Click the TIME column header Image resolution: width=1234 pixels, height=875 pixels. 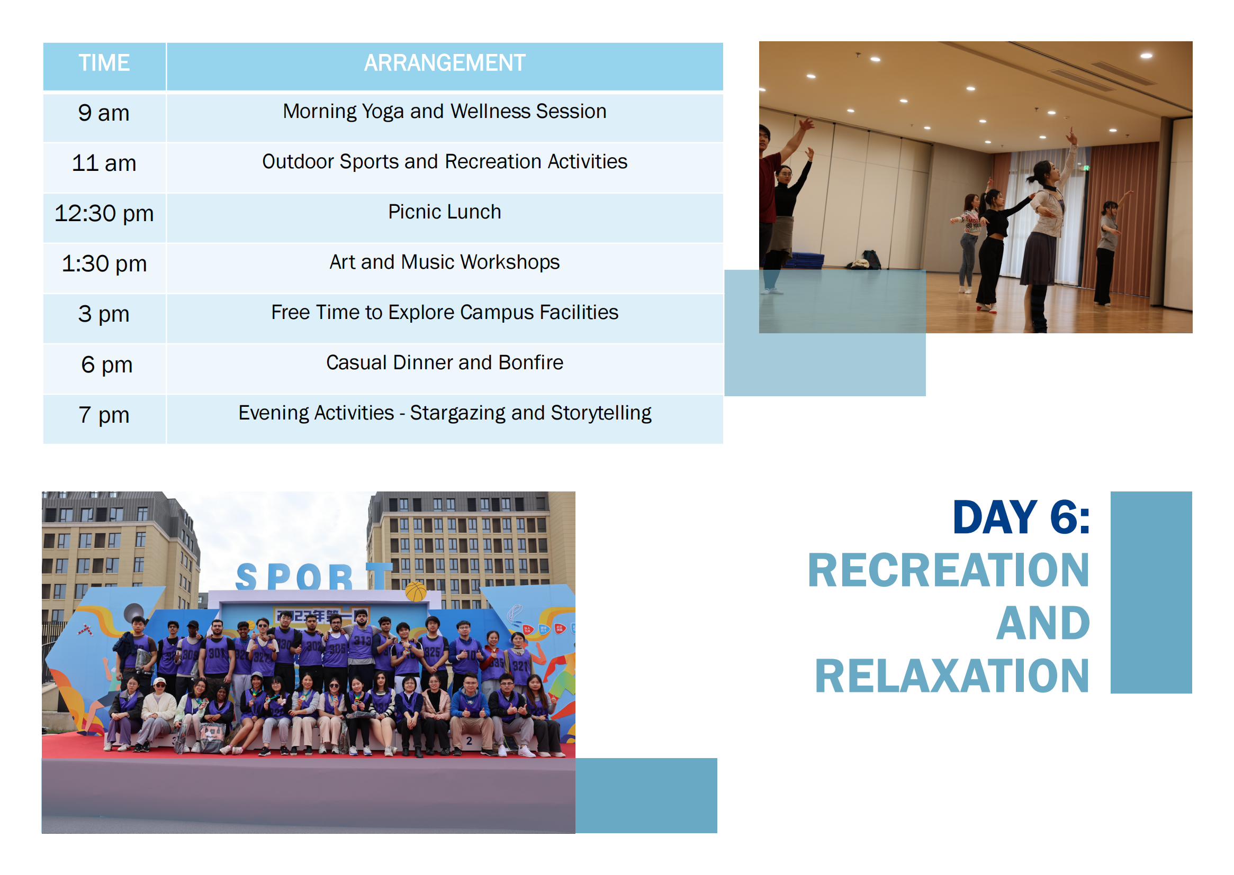[x=104, y=63]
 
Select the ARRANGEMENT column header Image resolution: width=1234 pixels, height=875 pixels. [x=444, y=63]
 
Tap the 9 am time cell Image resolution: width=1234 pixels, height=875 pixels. [x=104, y=113]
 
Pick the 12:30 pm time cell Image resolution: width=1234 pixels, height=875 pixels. [x=104, y=214]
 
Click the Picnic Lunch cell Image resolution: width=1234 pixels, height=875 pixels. [x=444, y=212]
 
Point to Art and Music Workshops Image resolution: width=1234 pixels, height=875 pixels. [x=444, y=262]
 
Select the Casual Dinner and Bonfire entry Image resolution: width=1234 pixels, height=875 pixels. [x=444, y=362]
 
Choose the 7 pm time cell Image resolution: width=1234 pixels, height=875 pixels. [x=104, y=415]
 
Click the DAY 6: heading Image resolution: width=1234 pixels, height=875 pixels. [x=1020, y=518]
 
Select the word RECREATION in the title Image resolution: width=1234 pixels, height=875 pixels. [x=948, y=571]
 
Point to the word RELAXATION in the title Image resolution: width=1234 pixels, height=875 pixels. [x=952, y=676]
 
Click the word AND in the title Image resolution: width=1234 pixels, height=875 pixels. [x=1042, y=623]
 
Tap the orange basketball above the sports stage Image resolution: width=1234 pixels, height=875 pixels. [x=416, y=591]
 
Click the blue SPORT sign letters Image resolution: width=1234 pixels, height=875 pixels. [x=314, y=577]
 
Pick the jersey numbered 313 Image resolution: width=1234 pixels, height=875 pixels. [x=362, y=641]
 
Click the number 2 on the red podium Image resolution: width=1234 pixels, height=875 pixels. [x=469, y=741]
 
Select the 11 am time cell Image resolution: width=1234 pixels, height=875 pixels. [x=104, y=163]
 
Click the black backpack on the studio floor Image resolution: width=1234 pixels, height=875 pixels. [x=871, y=259]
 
